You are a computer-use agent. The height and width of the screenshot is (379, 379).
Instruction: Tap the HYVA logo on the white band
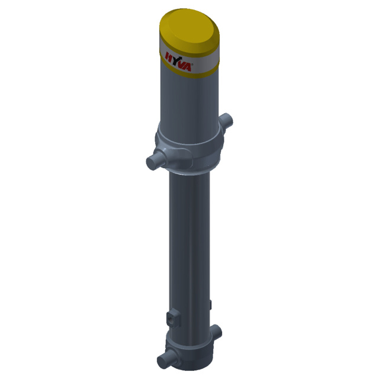point(178,62)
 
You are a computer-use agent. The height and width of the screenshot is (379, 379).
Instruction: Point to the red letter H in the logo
point(168,57)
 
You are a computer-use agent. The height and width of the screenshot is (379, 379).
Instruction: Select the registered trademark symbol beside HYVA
point(192,65)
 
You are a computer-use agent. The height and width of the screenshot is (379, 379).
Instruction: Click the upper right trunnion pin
point(226,120)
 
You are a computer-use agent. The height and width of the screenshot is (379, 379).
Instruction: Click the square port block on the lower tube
point(174,318)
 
